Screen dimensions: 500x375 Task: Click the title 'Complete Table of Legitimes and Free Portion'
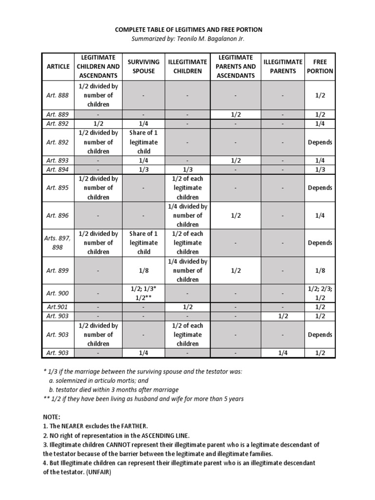point(188,30)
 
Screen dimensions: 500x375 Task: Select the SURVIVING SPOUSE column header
point(144,66)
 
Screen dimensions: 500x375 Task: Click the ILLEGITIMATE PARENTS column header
point(283,66)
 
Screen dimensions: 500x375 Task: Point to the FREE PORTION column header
point(320,66)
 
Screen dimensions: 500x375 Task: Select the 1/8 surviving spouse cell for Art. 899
point(144,271)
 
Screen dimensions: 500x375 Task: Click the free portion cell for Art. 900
point(320,293)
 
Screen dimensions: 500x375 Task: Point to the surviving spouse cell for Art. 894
point(144,169)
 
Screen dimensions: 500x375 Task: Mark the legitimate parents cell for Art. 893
point(236,160)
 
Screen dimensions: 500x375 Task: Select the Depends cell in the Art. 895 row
point(320,188)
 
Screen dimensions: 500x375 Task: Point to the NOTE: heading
point(52,417)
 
